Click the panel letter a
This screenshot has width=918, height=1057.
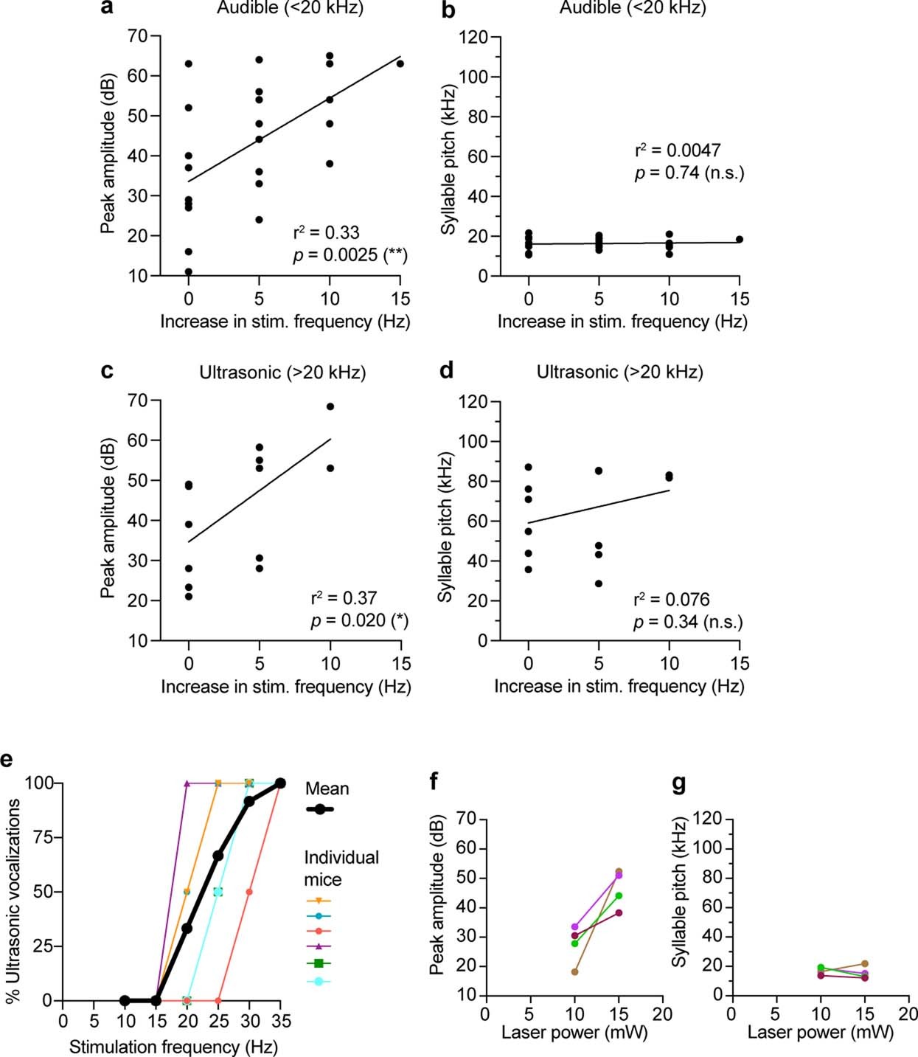[108, 7]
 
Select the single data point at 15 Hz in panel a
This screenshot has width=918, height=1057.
[400, 63]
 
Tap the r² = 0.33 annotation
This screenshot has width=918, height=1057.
[326, 233]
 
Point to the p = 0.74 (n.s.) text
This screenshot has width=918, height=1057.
[689, 173]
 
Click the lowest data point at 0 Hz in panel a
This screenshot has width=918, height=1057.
[189, 271]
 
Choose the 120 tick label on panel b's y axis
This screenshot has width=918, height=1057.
[474, 37]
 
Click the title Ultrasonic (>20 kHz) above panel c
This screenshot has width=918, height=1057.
[282, 372]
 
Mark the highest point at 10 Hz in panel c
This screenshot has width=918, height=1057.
[330, 406]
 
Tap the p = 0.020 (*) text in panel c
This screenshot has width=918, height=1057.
[359, 620]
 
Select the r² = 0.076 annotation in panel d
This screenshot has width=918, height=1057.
[672, 599]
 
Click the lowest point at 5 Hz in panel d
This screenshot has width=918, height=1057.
[599, 583]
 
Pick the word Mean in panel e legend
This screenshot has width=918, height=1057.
[327, 789]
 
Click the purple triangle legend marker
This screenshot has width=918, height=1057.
[319, 946]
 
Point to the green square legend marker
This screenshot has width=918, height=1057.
[319, 963]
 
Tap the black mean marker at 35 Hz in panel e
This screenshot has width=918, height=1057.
[280, 783]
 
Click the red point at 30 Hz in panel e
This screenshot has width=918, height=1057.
[249, 892]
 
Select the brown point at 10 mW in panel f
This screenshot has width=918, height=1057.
[574, 971]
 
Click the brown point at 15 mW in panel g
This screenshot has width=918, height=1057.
[865, 963]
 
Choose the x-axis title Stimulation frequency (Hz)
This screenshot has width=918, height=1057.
[173, 1047]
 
